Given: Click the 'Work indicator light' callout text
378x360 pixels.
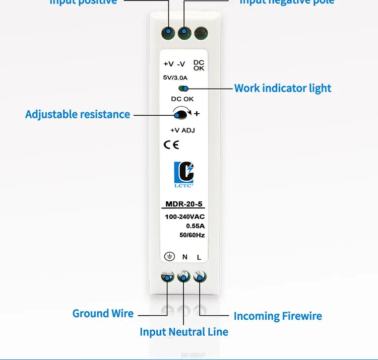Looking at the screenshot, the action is click(283, 88).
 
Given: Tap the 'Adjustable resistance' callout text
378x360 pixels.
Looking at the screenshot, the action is click(78, 114).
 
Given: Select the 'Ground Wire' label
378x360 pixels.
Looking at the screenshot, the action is click(103, 313).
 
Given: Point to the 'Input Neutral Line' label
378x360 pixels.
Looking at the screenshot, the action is click(183, 332).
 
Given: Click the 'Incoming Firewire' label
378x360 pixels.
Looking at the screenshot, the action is click(277, 316).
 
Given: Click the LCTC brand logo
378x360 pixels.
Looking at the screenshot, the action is click(183, 174).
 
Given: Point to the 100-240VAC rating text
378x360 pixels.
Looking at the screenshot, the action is click(185, 217).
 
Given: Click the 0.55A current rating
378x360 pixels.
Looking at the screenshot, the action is click(196, 226).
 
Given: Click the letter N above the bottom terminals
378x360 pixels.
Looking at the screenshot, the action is click(184, 257).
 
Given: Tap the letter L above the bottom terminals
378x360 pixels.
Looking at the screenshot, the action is click(199, 257).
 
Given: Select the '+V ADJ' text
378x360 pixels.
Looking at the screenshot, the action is click(182, 130).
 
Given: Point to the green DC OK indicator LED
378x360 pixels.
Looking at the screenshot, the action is click(181, 88).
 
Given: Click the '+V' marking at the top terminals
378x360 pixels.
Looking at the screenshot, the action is click(168, 64).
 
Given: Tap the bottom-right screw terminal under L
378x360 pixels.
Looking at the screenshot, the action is click(200, 277).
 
